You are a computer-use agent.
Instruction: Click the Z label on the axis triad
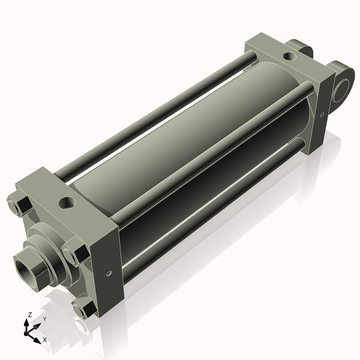30,314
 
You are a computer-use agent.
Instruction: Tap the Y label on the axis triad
44,319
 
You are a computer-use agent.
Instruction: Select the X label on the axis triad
44,340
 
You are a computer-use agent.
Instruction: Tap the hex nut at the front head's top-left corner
18,205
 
